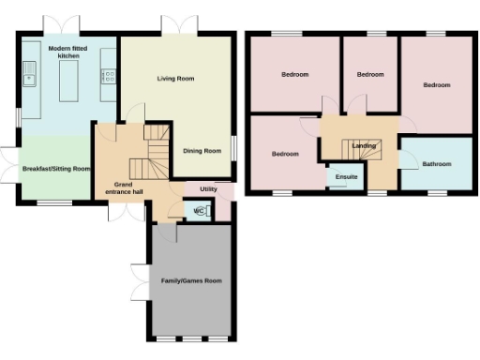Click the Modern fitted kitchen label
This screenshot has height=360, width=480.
68,52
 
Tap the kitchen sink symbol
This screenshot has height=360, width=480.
29,73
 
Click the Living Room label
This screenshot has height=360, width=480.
175,79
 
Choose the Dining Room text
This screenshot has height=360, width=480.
202,150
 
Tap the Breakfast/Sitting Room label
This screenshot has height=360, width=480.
56,169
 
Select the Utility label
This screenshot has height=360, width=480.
208,189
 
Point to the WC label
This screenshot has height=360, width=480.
199,212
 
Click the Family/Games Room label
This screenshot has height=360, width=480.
191,280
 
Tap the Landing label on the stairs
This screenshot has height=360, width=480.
364,146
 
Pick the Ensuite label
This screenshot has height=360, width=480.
340,176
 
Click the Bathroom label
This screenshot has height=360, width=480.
436,164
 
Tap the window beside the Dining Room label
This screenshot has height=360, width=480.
233,150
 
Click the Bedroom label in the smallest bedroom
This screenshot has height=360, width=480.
370,74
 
